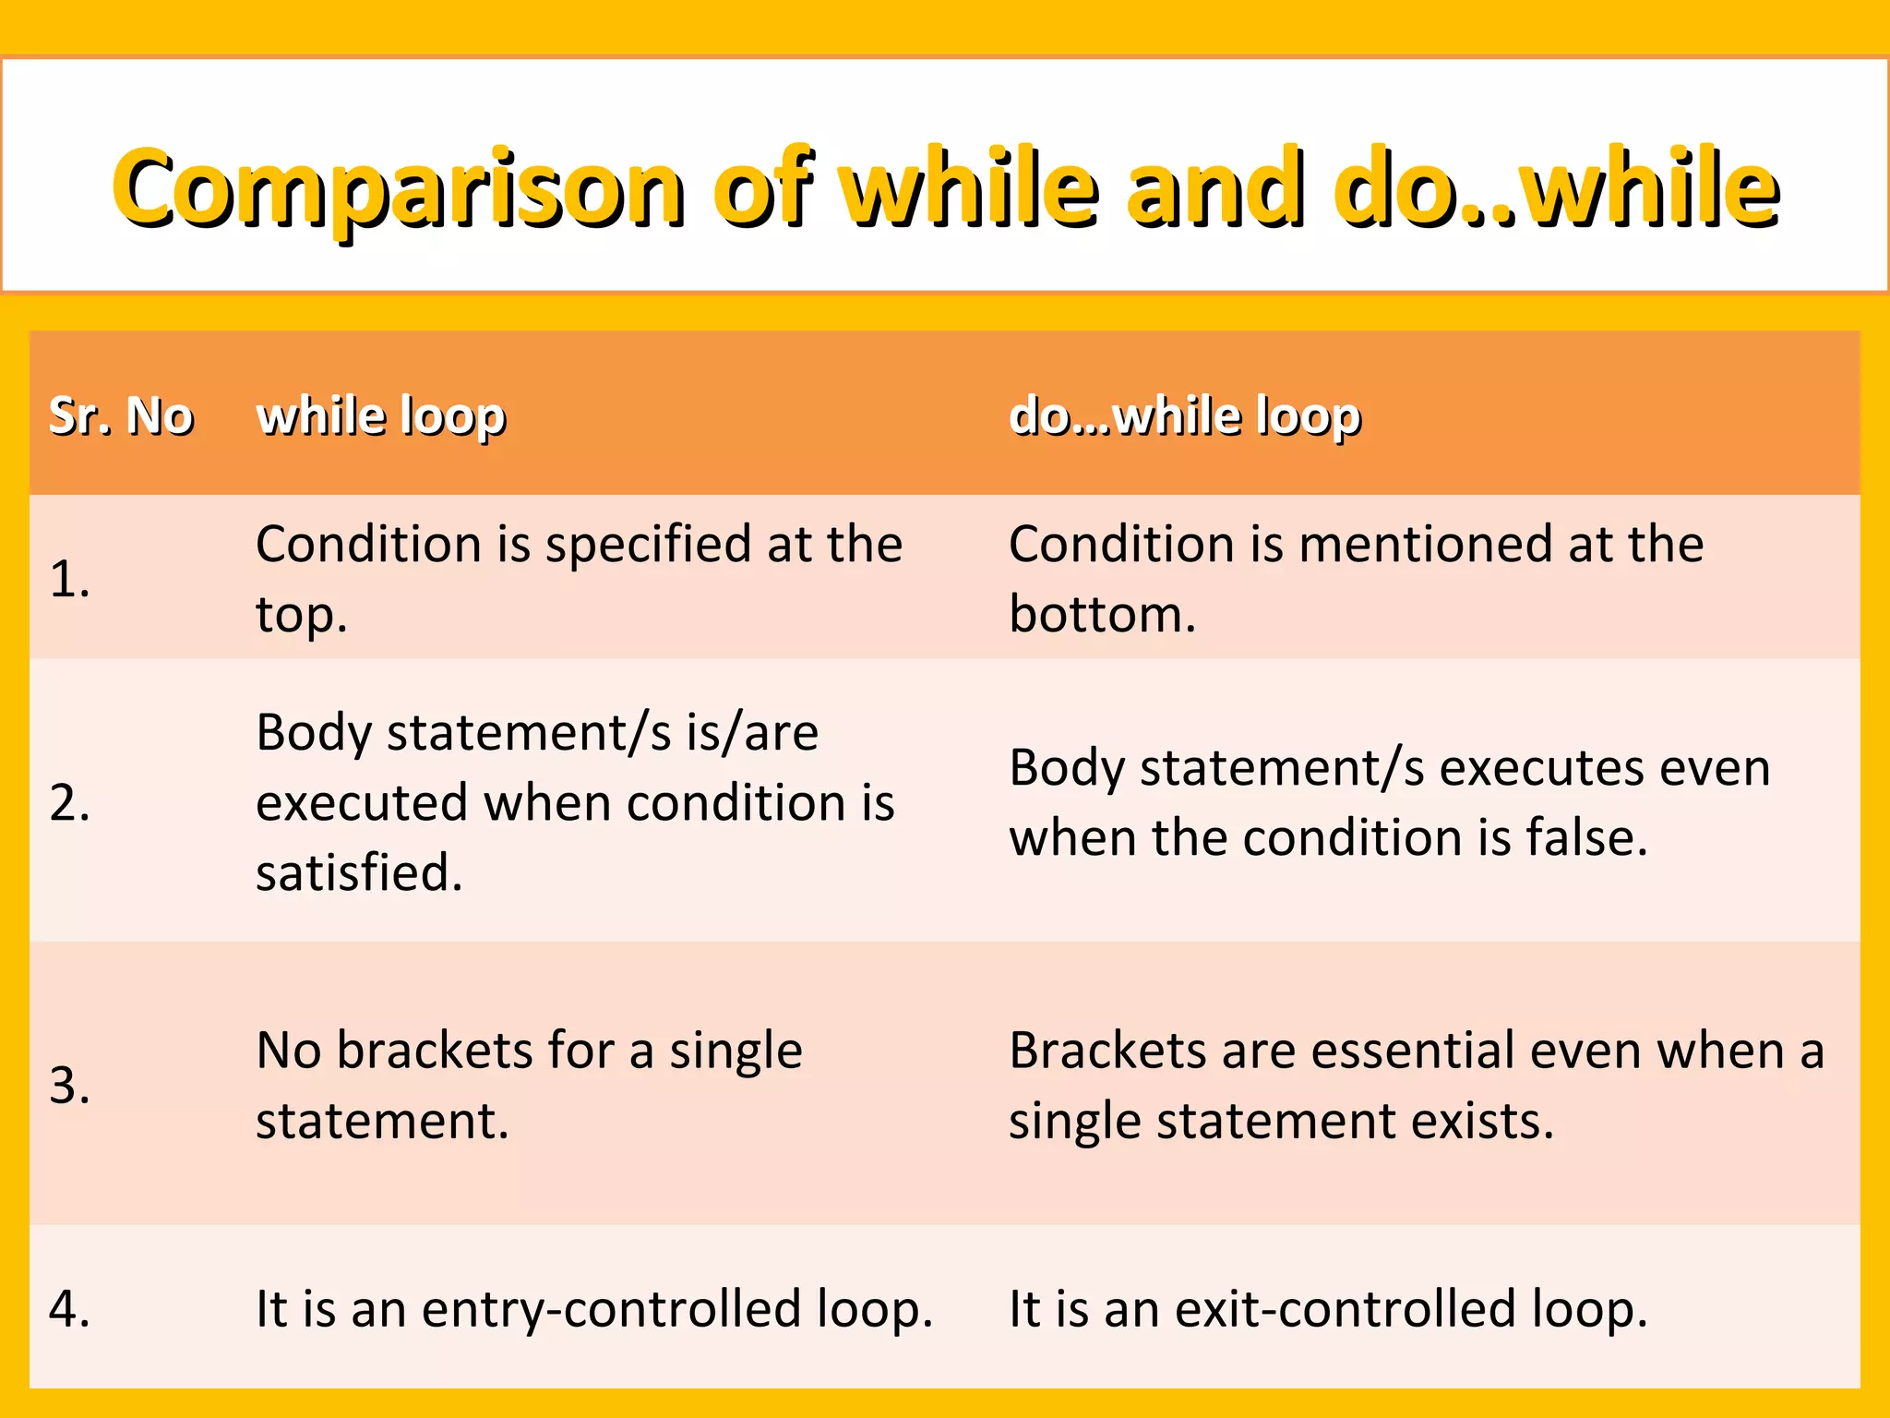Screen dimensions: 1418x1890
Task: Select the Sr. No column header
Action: pos(121,415)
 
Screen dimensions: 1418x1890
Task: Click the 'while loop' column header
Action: pos(381,416)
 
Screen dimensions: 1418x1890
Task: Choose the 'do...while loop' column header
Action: pos(1185,416)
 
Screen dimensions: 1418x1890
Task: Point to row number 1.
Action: pos(69,580)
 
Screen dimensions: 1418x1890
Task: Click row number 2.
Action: pos(69,802)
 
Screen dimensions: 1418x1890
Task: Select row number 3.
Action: pos(69,1085)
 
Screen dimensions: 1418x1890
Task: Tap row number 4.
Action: pos(69,1309)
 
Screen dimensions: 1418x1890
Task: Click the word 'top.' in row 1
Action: pos(302,616)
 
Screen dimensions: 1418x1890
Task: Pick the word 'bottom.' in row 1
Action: pos(1102,615)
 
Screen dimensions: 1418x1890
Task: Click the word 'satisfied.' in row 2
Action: pos(359,872)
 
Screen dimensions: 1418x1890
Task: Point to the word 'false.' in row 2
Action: pos(1586,838)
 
